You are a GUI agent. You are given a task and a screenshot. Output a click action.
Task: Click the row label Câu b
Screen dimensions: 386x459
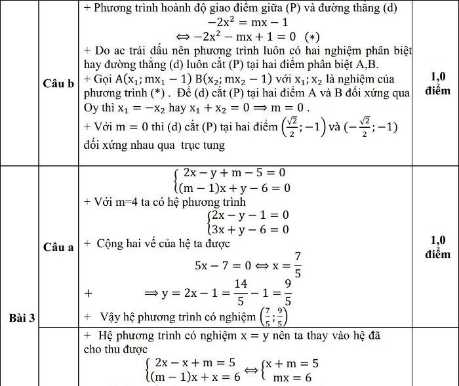[58, 85]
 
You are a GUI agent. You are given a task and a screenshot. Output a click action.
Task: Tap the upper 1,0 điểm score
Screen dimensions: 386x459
[437, 83]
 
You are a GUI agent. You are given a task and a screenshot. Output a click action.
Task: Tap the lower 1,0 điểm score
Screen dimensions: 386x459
[437, 246]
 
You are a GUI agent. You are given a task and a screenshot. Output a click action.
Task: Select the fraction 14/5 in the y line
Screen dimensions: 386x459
[240, 292]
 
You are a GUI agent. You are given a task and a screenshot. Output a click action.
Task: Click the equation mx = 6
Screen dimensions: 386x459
[292, 378]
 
